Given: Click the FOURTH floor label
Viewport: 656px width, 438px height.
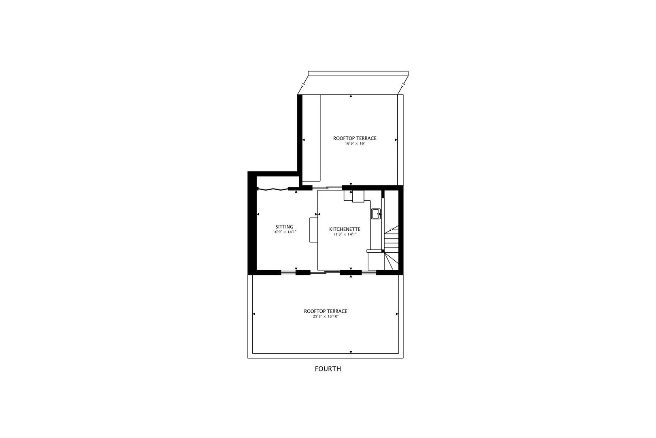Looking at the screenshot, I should (x=328, y=369).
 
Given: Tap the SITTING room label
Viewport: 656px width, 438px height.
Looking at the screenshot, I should (x=284, y=227).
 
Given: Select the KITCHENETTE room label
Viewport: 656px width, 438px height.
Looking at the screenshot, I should (x=344, y=229).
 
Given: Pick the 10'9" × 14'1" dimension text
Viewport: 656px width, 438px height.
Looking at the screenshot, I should (x=285, y=232).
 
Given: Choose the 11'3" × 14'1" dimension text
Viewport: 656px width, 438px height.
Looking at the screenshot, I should (x=345, y=234).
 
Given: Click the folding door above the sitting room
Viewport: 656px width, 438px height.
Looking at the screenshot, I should (x=273, y=189).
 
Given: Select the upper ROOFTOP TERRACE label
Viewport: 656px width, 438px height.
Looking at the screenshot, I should (x=355, y=138).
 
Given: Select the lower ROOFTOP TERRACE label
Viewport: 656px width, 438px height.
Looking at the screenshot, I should (x=326, y=311).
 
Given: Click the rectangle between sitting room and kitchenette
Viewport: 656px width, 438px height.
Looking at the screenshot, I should (x=313, y=230).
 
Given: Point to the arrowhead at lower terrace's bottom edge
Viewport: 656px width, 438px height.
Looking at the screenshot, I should (x=351, y=352).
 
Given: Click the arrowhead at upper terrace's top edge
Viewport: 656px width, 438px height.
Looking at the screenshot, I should (x=351, y=97).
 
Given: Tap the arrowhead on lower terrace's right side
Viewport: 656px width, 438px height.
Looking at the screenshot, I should (x=397, y=314).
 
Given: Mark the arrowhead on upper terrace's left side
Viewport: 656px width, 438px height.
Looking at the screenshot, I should (x=304, y=140).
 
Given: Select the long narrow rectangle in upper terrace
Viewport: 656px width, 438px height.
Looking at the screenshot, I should (x=311, y=138).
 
